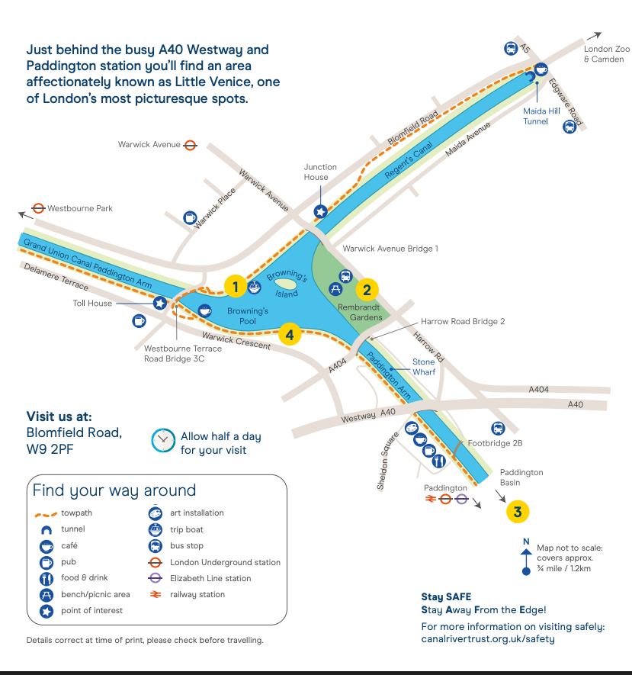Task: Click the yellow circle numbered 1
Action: (236, 286)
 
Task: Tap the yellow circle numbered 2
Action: (367, 290)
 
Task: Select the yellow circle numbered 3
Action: (518, 512)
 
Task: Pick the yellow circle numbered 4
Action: (290, 335)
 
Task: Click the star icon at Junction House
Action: (320, 212)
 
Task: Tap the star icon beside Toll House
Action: (160, 303)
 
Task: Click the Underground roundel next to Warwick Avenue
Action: (190, 145)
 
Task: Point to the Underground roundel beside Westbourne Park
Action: (38, 208)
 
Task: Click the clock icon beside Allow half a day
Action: (163, 440)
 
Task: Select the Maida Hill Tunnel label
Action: (541, 116)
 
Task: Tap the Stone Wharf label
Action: (424, 367)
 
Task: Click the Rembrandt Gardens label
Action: (359, 312)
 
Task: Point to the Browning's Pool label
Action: (248, 316)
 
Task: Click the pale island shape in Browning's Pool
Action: (285, 284)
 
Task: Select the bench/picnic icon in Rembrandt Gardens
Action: (335, 289)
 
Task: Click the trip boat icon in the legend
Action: (155, 529)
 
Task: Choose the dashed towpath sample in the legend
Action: (46, 514)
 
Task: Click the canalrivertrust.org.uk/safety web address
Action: (488, 639)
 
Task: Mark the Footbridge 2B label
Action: (496, 443)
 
